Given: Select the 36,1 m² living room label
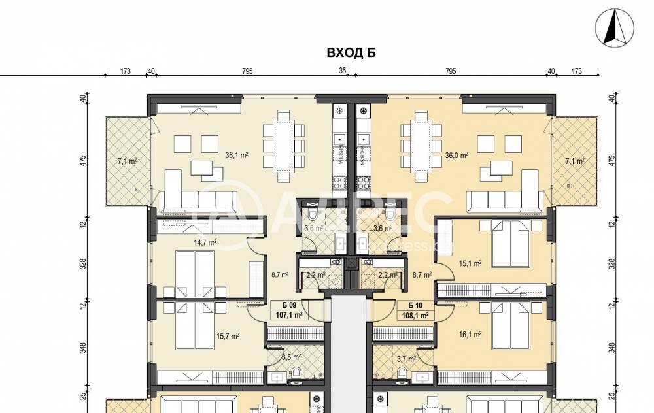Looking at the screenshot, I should tap(235, 156).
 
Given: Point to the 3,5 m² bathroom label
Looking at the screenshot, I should tap(290, 357).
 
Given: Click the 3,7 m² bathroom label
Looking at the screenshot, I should tap(406, 358).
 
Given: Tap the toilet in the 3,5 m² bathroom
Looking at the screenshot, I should tap(296, 372).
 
